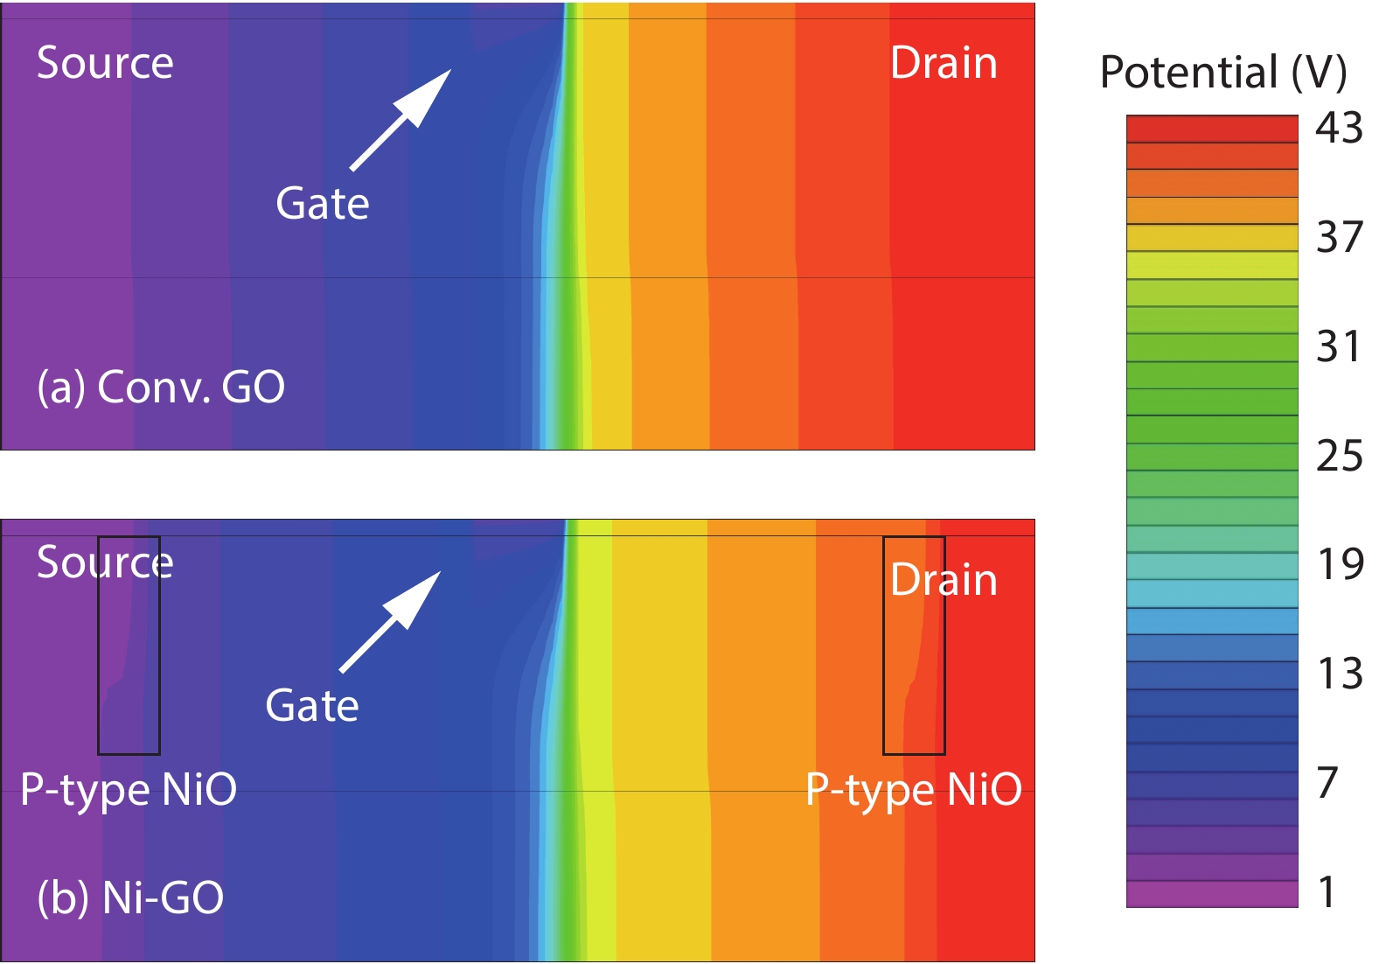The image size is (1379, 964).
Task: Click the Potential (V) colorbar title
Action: point(1222,72)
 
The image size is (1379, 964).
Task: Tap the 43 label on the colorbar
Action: point(1339,128)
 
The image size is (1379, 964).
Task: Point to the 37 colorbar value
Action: point(1339,237)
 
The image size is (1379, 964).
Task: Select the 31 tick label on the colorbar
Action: point(1339,346)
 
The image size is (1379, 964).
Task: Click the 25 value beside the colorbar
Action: point(1339,456)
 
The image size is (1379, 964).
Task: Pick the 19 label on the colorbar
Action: point(1340,564)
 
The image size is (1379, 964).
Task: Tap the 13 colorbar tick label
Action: point(1340,674)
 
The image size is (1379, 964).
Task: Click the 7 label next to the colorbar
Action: point(1327,783)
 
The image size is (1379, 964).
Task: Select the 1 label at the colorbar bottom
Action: point(1327,892)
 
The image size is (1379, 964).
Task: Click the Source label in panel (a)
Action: point(105,63)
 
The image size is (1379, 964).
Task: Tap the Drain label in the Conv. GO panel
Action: point(944,63)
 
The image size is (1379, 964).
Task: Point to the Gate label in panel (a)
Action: point(322,204)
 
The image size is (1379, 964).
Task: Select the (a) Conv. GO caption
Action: point(161,387)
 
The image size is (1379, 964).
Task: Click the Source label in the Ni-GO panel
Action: point(105,562)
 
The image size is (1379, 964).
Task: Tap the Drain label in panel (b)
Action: point(944,580)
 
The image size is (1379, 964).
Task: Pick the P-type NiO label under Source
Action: point(129,789)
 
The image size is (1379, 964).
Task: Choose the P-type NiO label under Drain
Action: point(913,789)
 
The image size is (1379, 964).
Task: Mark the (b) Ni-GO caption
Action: point(130,898)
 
